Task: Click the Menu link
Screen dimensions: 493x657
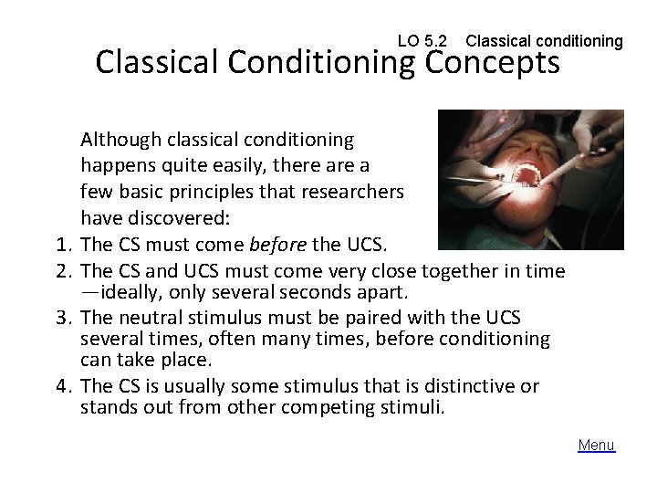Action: click(597, 446)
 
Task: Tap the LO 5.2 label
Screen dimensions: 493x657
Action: click(422, 41)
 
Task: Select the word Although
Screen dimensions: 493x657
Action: click(120, 140)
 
